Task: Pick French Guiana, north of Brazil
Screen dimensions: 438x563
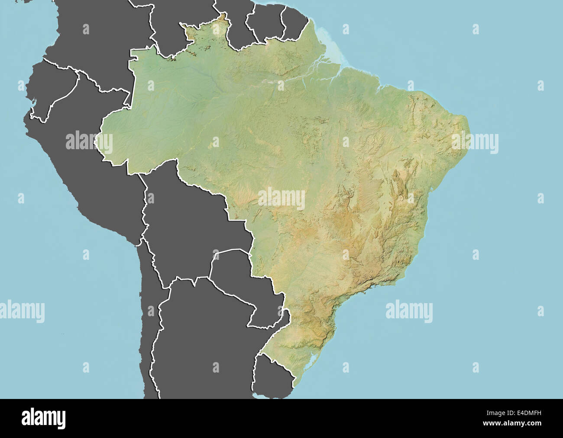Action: [294, 22]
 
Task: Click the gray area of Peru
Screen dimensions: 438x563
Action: [87, 173]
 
